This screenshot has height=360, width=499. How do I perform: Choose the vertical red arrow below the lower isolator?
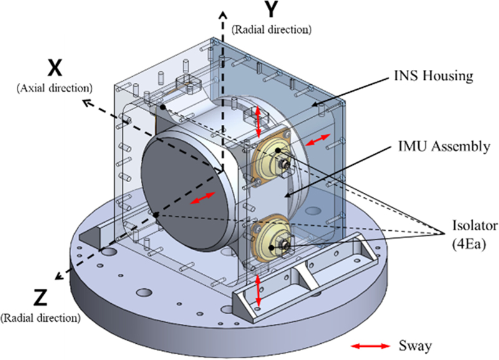pos(258,291)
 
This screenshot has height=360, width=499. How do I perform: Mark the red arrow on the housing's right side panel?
pos(317,140)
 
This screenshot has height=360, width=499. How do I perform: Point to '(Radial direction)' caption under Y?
pos(271,29)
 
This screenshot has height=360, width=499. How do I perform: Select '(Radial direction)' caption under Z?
pos(41,317)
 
